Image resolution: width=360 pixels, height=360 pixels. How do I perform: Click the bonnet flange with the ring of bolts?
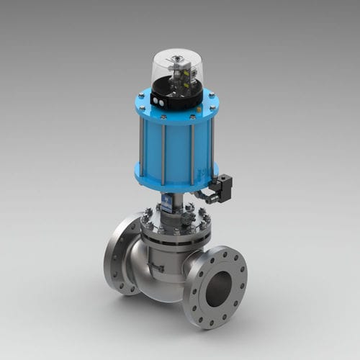coord(173,223)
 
